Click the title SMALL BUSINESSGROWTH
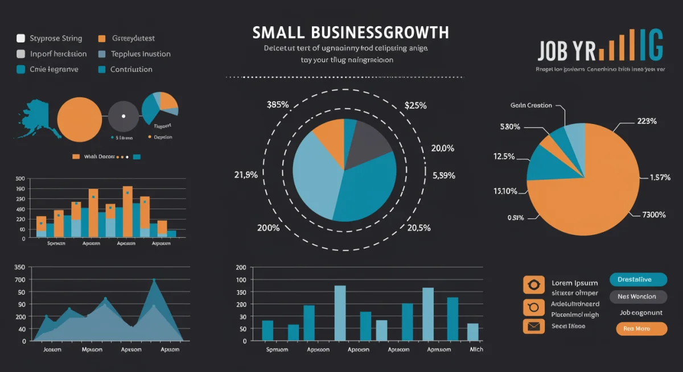pos(351,32)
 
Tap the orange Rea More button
pos(641,329)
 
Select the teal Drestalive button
pos(637,279)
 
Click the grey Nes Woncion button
pos(636,296)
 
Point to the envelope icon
pos(533,326)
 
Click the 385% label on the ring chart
pos(278,105)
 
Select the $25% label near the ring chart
pos(415,105)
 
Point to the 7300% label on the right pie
pos(654,214)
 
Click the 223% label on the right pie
pos(647,121)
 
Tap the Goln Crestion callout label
pos(531,105)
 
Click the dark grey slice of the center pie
pos(366,145)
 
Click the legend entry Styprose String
pos(56,39)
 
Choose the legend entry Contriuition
pos(131,69)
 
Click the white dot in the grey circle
pos(124,116)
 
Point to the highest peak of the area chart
pos(154,280)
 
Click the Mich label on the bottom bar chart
pos(476,349)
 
